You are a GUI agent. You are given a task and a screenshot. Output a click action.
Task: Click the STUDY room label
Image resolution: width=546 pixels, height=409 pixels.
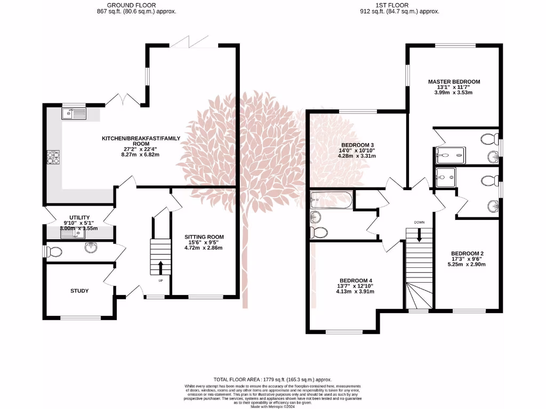(x=79, y=291)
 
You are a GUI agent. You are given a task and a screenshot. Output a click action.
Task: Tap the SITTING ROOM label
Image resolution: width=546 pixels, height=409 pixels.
(x=204, y=237)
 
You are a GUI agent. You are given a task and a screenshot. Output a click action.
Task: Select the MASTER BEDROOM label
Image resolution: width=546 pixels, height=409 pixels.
(x=454, y=81)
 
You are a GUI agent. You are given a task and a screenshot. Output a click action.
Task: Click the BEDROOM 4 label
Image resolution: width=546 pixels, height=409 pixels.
(x=356, y=281)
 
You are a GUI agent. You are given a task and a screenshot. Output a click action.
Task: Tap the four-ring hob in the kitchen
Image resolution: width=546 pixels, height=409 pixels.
(x=53, y=158)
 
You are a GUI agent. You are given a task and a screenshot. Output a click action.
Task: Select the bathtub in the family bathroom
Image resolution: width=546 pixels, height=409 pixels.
(x=331, y=200)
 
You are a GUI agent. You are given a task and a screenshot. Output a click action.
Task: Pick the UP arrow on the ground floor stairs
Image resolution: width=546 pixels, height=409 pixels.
(x=161, y=266)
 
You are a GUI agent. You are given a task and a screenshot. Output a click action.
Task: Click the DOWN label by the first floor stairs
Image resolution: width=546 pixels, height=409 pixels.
(x=420, y=222)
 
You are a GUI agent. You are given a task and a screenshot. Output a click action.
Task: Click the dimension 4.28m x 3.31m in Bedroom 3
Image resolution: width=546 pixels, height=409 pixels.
(x=357, y=156)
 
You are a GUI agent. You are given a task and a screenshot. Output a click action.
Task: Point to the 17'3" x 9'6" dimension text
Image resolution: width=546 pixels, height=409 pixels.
(x=467, y=259)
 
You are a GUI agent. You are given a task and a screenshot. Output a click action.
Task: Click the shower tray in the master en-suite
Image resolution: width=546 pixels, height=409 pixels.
(x=450, y=155)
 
